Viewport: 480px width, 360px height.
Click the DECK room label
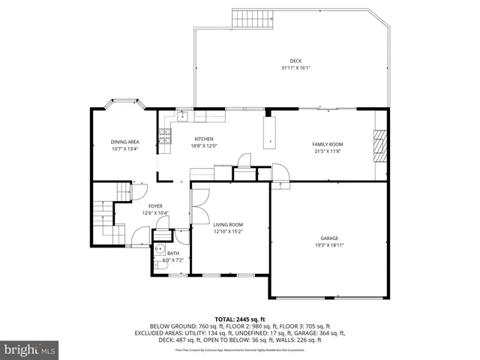pyautogui.click(x=296, y=61)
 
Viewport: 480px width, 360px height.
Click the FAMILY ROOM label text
pyautogui.click(x=327, y=144)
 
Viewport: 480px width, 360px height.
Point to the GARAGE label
pyautogui.click(x=329, y=237)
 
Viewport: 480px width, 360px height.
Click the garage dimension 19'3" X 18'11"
pyautogui.click(x=329, y=244)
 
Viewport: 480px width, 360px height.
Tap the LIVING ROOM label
pyautogui.click(x=228, y=224)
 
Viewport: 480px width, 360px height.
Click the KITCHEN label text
pyautogui.click(x=204, y=139)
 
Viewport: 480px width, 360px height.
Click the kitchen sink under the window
pyautogui.click(x=182, y=115)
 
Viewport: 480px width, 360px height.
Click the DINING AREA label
pyautogui.click(x=125, y=142)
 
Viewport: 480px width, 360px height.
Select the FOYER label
pyautogui.click(x=155, y=205)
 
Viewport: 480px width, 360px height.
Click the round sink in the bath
pyautogui.click(x=160, y=250)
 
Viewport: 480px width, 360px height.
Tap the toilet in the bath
pyautogui.click(x=160, y=265)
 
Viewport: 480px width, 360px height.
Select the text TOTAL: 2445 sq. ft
pyautogui.click(x=240, y=319)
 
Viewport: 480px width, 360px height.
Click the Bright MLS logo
pyautogui.click(x=30, y=349)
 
